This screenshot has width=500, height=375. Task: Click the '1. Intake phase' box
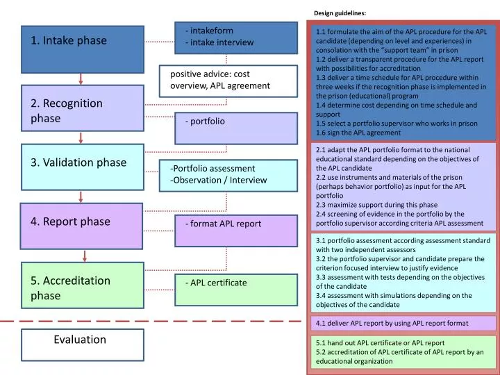[83, 51]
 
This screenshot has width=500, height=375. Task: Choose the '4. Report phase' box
[83, 226]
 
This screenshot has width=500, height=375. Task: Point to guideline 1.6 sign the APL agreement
[358, 133]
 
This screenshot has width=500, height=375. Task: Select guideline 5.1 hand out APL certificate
[380, 342]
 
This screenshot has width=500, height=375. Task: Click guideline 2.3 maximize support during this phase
[376, 205]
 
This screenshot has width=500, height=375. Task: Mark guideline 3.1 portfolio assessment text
[403, 240]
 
